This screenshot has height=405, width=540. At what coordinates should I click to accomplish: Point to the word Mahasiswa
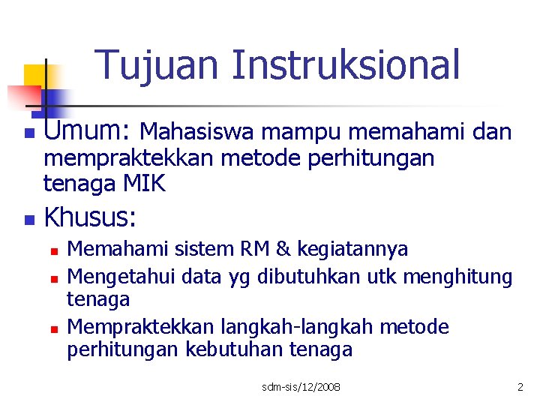coord(198,133)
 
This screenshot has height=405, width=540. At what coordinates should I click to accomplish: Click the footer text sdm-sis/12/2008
coord(301,387)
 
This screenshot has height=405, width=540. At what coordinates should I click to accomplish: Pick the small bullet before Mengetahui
coord(54,278)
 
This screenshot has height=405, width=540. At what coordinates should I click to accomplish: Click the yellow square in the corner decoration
coord(35,75)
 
